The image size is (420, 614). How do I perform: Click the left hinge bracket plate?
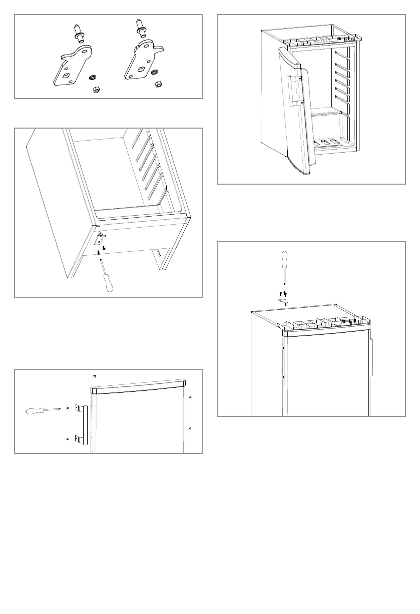point(68,68)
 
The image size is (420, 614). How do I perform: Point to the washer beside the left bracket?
point(93,78)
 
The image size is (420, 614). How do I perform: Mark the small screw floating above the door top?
point(94,376)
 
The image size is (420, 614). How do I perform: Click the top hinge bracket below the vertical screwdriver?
point(283,300)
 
